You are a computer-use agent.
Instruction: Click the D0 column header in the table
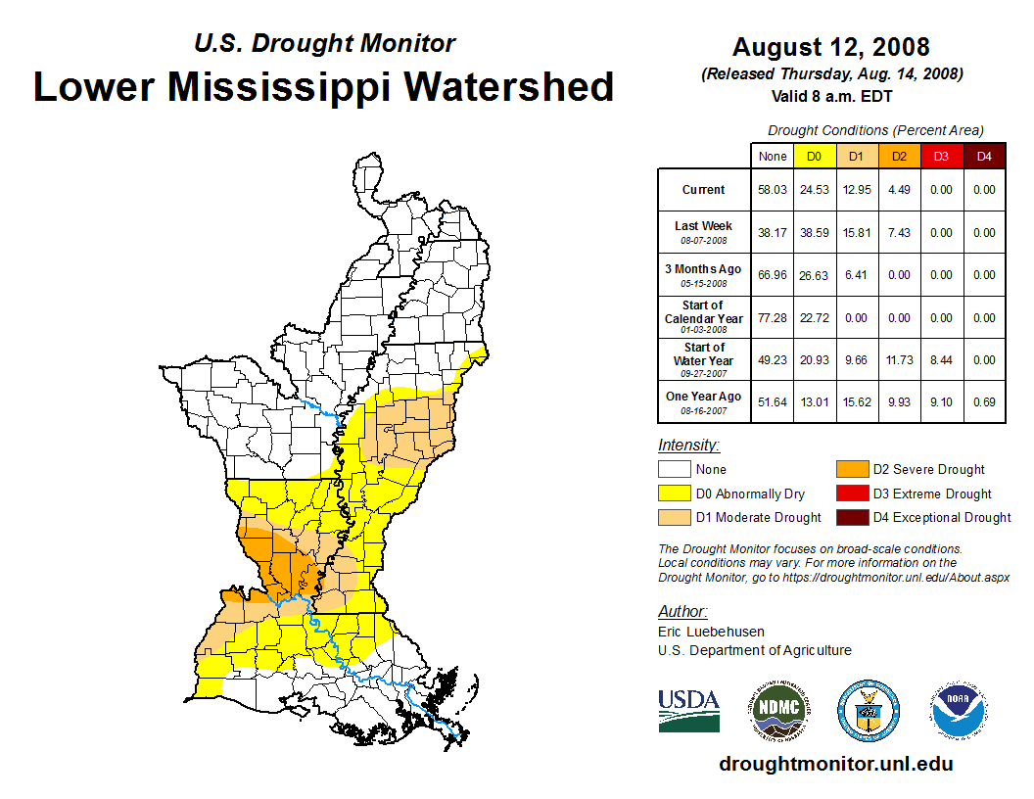point(815,157)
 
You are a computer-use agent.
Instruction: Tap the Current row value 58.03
point(773,190)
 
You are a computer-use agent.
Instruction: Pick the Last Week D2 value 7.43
point(899,233)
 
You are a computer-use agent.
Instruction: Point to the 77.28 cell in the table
point(773,318)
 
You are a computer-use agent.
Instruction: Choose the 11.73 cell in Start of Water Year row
point(899,360)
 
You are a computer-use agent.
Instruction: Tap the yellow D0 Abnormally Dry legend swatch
point(675,493)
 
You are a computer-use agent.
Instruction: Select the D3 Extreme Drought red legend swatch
point(852,493)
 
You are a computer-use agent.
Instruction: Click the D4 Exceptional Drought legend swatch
point(852,517)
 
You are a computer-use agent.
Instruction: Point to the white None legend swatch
point(675,470)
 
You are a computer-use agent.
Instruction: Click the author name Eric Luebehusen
point(711,632)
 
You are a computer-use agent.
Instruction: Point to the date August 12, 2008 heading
point(830,47)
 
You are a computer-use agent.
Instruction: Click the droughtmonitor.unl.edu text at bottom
point(835,764)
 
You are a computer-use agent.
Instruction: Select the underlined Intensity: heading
point(688,446)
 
